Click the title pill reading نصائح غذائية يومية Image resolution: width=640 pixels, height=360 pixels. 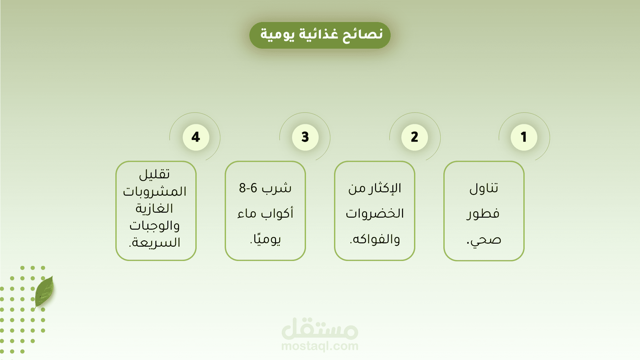click(320, 35)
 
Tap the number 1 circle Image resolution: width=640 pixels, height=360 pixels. click(524, 137)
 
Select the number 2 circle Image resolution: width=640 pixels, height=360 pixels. click(414, 137)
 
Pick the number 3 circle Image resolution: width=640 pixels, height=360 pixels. click(305, 137)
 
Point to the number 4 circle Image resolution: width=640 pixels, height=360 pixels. click(196, 137)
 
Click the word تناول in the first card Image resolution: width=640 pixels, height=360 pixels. click(484, 188)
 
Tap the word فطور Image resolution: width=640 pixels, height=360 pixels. click(483, 214)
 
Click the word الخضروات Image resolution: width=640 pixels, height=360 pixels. click(375, 213)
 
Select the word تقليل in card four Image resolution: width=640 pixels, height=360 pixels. click(154, 174)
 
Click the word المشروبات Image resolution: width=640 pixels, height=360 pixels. click(155, 191)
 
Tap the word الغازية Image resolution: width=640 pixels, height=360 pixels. click(154, 208)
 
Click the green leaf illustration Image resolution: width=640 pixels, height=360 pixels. click(44, 291)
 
